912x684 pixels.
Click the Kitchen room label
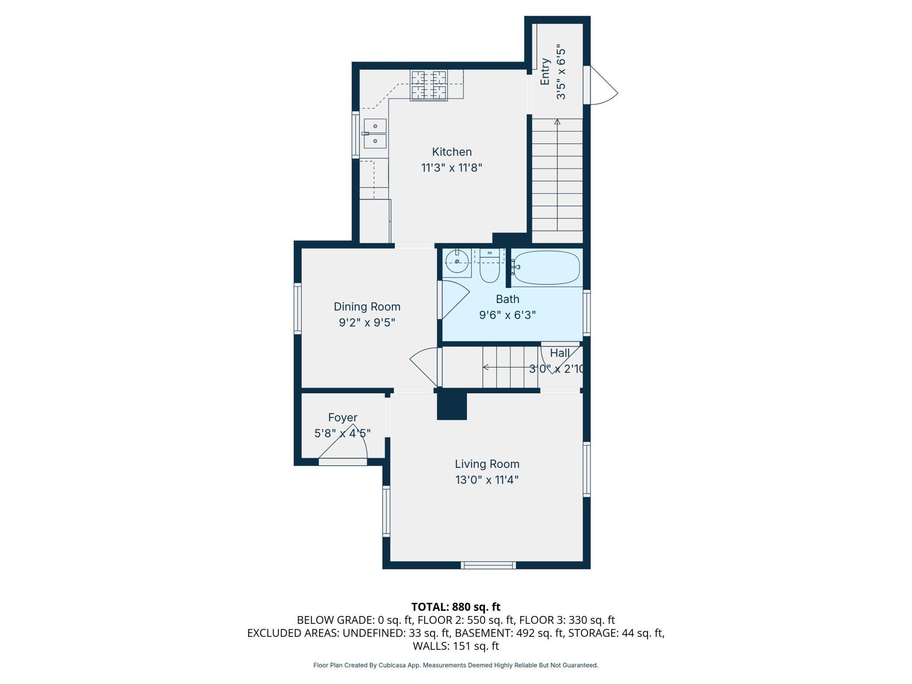452,152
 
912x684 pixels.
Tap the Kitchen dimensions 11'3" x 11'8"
452,168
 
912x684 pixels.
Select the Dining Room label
367,306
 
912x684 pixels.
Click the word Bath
507,299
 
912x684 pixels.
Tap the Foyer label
342,418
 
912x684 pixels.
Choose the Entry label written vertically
545,71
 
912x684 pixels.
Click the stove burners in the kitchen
428,85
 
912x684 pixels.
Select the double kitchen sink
375,133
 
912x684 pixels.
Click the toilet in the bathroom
489,266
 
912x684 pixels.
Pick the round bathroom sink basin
457,261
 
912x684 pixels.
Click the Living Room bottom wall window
488,565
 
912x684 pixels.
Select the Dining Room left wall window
298,308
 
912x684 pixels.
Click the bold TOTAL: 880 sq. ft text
456,607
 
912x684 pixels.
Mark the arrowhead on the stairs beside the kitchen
557,122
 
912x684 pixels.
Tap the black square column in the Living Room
452,406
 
